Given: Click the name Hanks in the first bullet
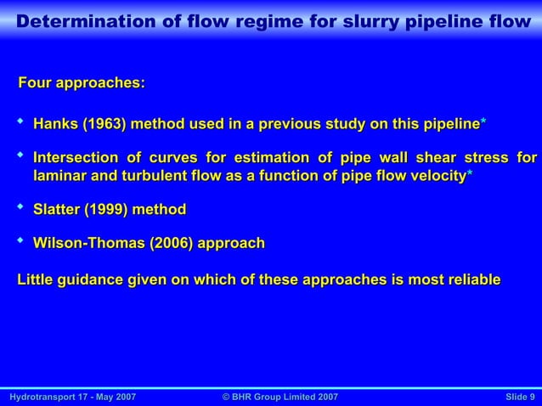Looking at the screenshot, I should tap(54, 126).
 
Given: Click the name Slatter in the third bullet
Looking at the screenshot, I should tap(57, 209).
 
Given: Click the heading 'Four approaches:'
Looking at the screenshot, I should tap(82, 83).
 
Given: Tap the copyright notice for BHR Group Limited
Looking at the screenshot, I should tap(279, 397).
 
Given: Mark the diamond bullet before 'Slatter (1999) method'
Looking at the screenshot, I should tap(21, 206).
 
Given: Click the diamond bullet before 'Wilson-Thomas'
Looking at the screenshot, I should tap(21, 241).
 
